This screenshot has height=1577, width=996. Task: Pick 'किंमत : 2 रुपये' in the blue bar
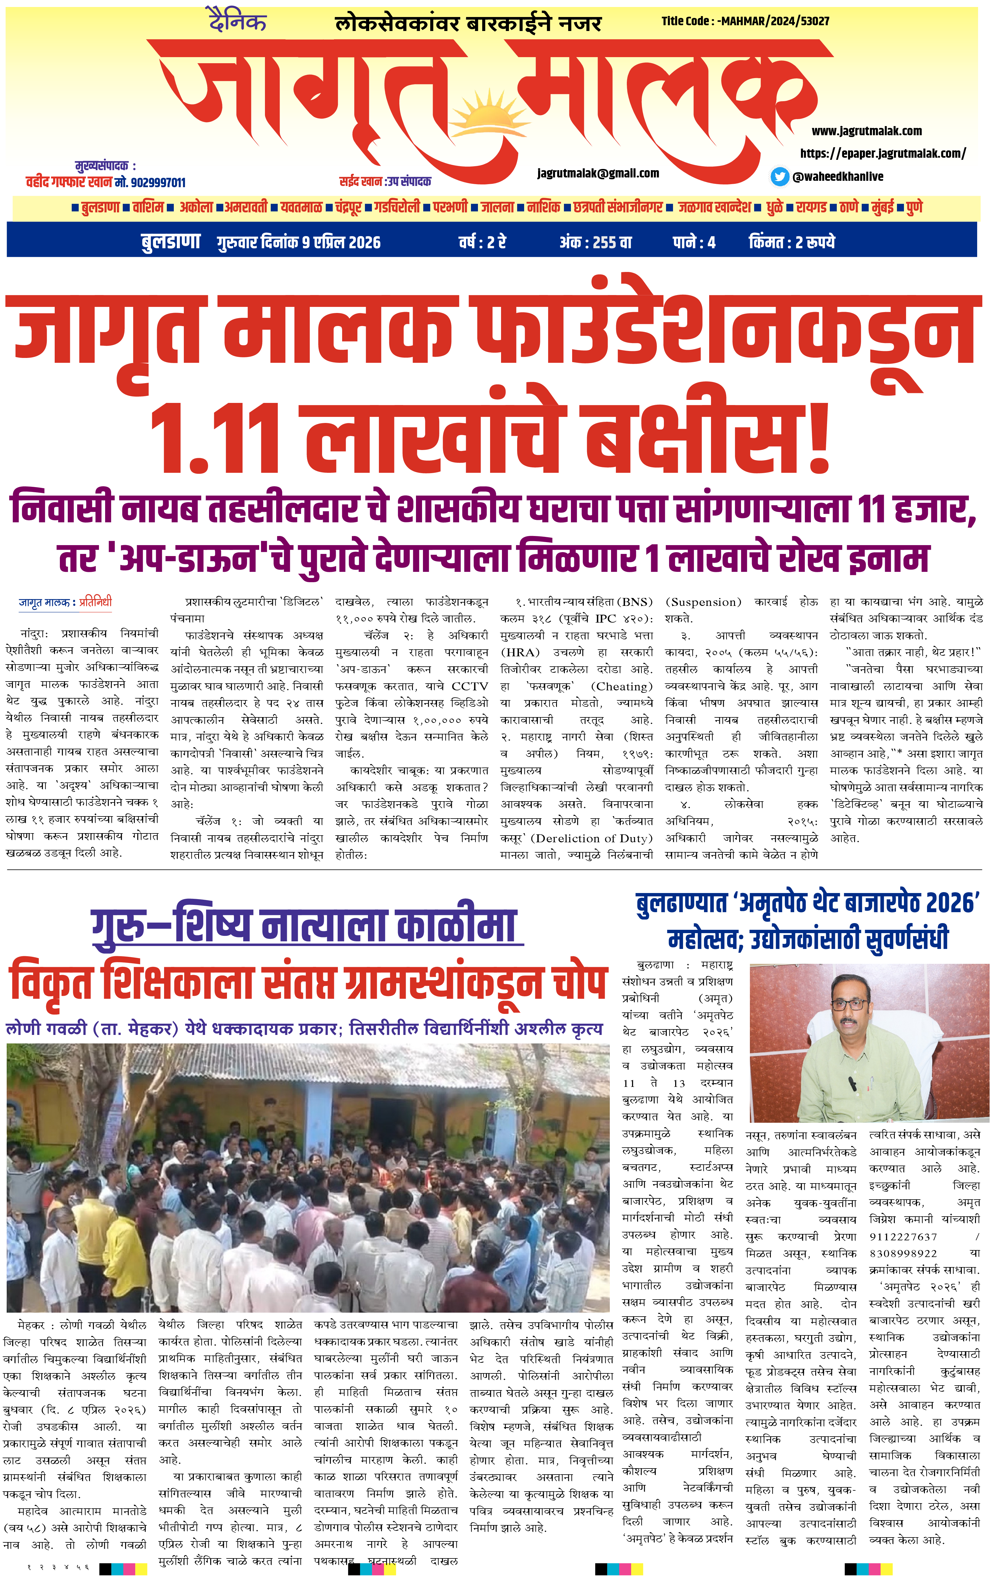pyautogui.click(x=792, y=242)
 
